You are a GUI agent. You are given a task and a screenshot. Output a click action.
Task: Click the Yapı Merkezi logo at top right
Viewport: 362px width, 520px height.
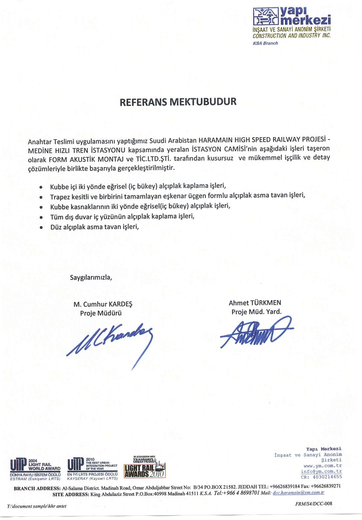pyautogui.click(x=291, y=16)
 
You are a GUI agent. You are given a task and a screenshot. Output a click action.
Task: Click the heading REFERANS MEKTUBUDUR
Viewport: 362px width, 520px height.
pyautogui.click(x=178, y=102)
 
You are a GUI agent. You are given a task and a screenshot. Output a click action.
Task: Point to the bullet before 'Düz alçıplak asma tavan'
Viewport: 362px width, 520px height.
pyautogui.click(x=41, y=228)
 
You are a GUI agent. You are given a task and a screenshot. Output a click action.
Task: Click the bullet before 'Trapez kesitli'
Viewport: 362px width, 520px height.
pyautogui.click(x=41, y=197)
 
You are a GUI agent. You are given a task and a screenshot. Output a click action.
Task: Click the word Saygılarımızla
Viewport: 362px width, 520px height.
pyautogui.click(x=91, y=277)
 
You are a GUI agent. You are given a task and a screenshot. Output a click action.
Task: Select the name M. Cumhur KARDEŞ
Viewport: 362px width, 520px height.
pyautogui.click(x=103, y=304)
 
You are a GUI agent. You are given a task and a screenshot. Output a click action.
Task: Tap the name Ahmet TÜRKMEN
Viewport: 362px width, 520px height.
pyautogui.click(x=255, y=303)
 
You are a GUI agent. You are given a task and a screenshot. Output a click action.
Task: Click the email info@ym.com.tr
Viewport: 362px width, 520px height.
pyautogui.click(x=321, y=471)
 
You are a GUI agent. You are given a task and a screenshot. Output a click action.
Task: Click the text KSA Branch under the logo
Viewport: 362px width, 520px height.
pyautogui.click(x=265, y=43)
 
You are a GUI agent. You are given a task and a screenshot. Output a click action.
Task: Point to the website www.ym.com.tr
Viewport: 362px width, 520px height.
pyautogui.click(x=322, y=466)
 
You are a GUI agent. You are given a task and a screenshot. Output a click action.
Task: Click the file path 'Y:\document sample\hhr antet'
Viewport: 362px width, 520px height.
pyautogui.click(x=37, y=506)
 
